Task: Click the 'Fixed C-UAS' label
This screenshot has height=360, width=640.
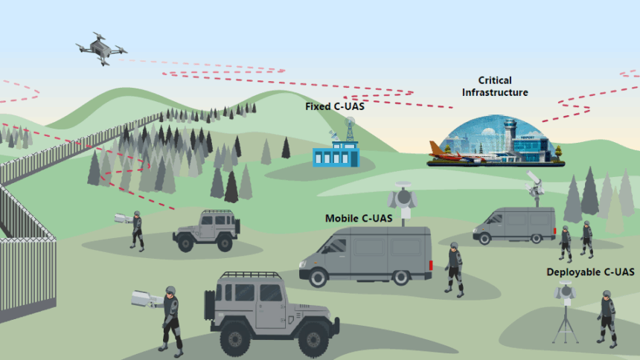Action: tap(334, 106)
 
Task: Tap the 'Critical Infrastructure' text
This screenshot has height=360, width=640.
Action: tap(495, 86)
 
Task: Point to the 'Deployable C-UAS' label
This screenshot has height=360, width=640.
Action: tap(590, 272)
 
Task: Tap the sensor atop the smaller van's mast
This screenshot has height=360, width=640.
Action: tap(534, 180)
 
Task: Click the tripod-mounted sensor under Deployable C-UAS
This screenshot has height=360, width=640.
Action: tap(565, 312)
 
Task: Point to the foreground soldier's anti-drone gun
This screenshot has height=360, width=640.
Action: tap(147, 299)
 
